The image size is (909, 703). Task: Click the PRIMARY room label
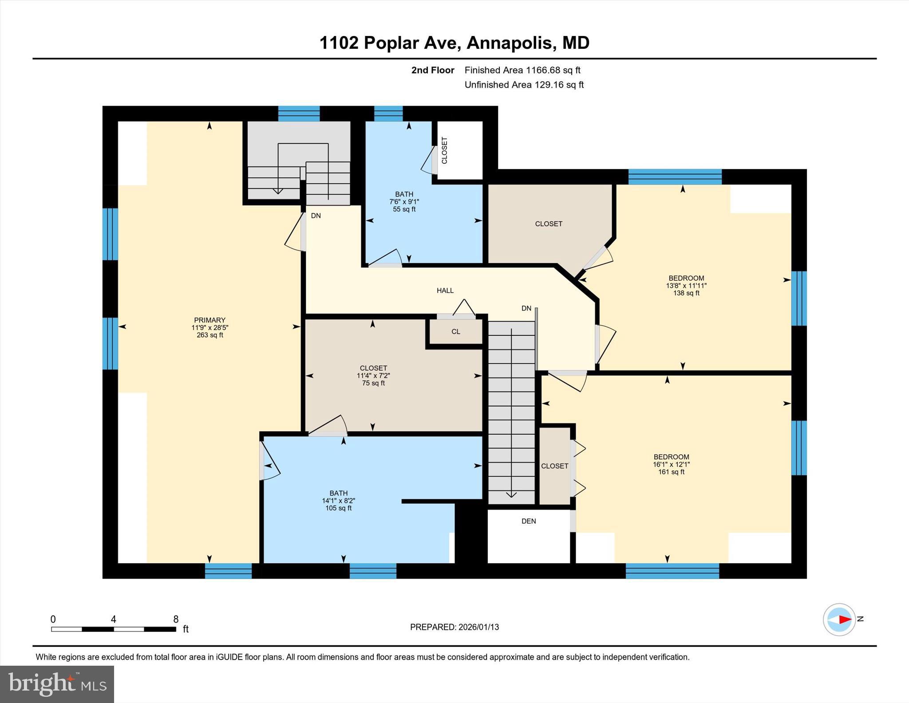(209, 320)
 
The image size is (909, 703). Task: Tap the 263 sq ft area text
(210, 335)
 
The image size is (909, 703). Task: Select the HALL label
(445, 290)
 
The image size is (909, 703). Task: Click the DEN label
(529, 521)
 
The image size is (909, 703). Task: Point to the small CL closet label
(456, 332)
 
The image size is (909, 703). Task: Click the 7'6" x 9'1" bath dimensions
(404, 202)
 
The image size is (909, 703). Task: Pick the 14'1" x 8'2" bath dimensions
(339, 500)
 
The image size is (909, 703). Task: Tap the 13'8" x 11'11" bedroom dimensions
(686, 286)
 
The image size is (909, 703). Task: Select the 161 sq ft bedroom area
(671, 472)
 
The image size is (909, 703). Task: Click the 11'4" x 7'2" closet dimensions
(373, 376)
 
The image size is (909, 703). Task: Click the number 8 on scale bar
(176, 620)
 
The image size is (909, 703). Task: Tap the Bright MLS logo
(57, 684)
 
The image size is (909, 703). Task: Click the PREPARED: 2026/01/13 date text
(454, 627)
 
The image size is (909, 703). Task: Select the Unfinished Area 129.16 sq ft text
(524, 85)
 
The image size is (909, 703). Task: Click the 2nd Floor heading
(432, 70)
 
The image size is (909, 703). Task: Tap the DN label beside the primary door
(316, 216)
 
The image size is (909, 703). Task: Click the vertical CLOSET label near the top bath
(444, 150)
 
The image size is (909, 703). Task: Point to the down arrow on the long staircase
(511, 494)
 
